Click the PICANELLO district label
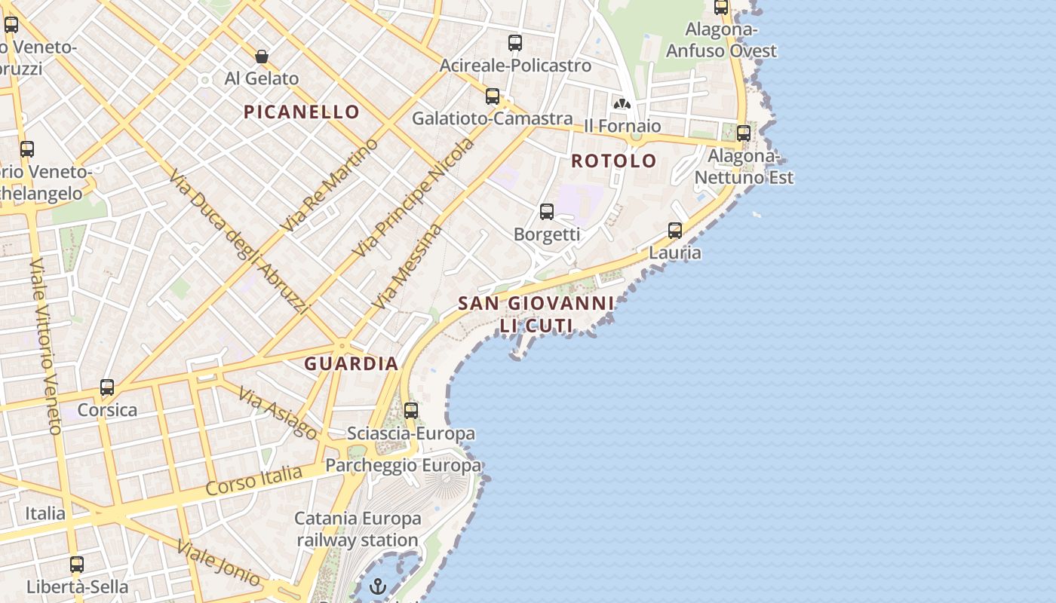[x=302, y=112]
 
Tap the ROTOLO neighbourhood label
[x=614, y=161]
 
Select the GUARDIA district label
[x=351, y=363]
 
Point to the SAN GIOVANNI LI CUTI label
[x=536, y=314]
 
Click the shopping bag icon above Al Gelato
[x=262, y=57]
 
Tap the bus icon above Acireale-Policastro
[x=515, y=43]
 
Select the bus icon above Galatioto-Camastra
[x=493, y=96]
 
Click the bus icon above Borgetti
[x=547, y=212]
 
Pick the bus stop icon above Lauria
[x=675, y=231]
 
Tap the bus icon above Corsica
[x=107, y=387]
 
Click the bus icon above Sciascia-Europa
[x=411, y=411]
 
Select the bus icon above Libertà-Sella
[x=77, y=564]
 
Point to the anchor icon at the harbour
[x=378, y=586]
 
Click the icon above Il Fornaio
[x=622, y=104]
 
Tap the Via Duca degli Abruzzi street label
[x=238, y=241]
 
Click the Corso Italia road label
[x=254, y=480]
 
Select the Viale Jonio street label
[x=219, y=564]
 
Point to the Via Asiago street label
[x=278, y=412]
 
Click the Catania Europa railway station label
[x=358, y=529]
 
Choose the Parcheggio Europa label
[x=403, y=465]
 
